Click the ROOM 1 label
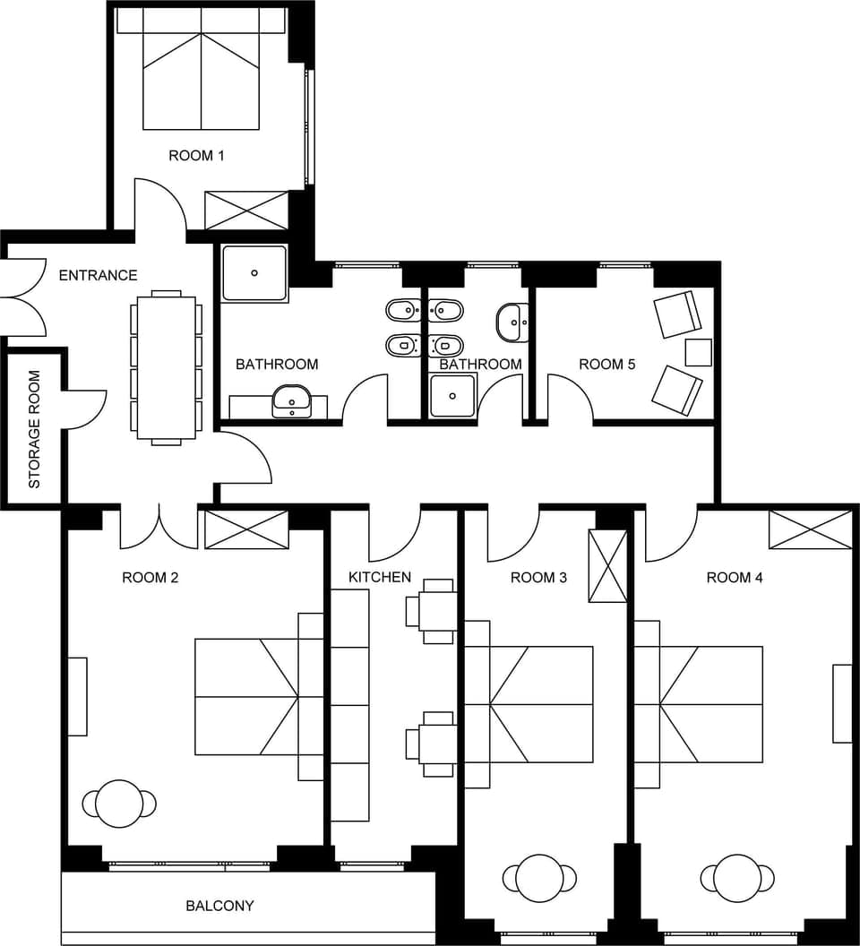tap(196, 156)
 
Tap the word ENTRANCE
tap(98, 275)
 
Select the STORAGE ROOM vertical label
tap(35, 429)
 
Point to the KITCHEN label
tap(380, 577)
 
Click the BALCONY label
tap(219, 906)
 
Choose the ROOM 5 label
tap(606, 364)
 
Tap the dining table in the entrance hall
tap(167, 367)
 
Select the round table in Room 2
tap(119, 804)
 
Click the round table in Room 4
tap(737, 877)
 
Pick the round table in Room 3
tap(539, 877)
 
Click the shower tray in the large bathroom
tap(255, 273)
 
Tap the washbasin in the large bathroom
tap(292, 400)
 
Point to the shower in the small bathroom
tap(452, 395)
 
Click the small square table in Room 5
tap(698, 352)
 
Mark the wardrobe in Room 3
tap(607, 566)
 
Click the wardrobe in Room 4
tap(810, 529)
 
